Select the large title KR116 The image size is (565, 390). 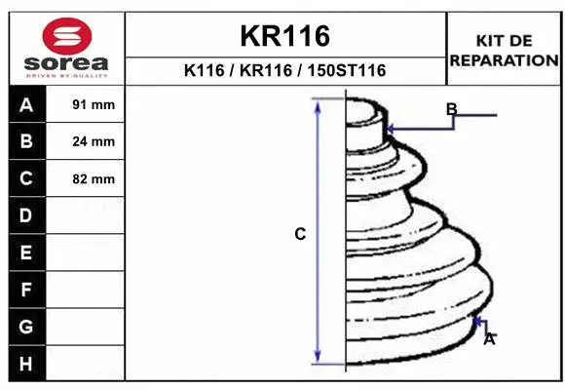coord(285,36)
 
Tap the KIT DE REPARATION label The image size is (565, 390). coord(504,50)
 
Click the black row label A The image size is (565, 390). coord(26,105)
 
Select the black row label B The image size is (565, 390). coord(26,141)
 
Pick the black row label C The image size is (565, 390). coord(26,178)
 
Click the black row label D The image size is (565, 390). coord(26,215)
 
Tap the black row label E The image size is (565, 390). coord(26,253)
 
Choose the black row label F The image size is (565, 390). coord(26,290)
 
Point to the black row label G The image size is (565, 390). coord(26,326)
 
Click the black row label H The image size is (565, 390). coord(26,363)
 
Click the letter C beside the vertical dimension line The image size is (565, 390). coord(300,234)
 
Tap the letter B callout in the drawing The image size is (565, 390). coord(451,109)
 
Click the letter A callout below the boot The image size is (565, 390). coord(489,338)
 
